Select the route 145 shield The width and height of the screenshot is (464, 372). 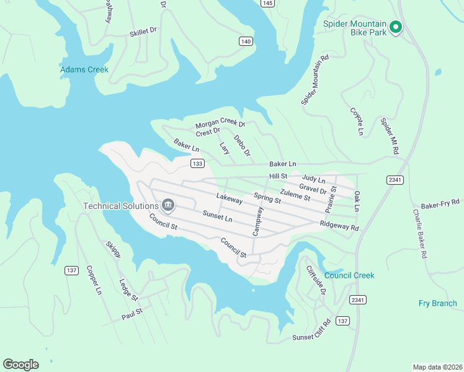point(267,3)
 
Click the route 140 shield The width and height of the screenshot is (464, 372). point(246,42)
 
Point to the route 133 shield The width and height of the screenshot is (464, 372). point(197,164)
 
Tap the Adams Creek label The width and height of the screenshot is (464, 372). point(84,69)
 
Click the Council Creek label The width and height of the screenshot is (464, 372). point(349,275)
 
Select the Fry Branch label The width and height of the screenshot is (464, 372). point(437,303)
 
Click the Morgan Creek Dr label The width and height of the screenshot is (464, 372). point(221,124)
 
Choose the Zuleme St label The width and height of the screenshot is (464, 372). point(295,197)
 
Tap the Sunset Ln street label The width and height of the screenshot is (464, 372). point(217,216)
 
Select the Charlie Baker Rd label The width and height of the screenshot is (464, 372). point(420,233)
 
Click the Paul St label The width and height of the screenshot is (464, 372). point(132,314)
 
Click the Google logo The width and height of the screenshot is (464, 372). point(20,364)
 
